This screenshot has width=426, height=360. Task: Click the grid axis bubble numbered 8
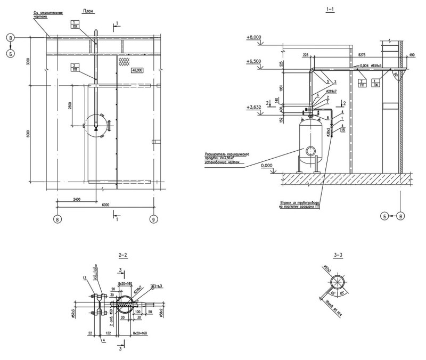coord(58,218)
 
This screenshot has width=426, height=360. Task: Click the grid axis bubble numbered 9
coord(154,218)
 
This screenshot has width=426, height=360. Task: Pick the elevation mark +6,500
coord(253,61)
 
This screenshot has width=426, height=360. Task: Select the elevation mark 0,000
coord(268,166)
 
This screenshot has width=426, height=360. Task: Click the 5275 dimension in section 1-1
coord(362,54)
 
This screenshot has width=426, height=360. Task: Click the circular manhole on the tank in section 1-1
coord(309,151)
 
